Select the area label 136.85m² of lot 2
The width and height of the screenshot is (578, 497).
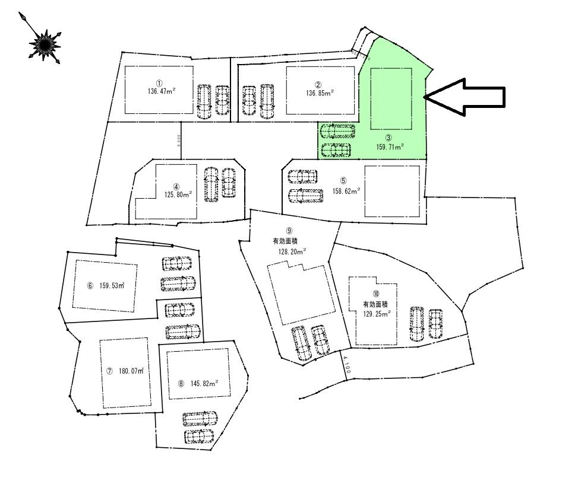319,93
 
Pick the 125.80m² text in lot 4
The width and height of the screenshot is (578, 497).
178,194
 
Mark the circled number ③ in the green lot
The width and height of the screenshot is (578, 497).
389,138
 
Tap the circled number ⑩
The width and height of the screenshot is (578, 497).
375,294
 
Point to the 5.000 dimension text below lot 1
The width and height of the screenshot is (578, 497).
179,141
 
